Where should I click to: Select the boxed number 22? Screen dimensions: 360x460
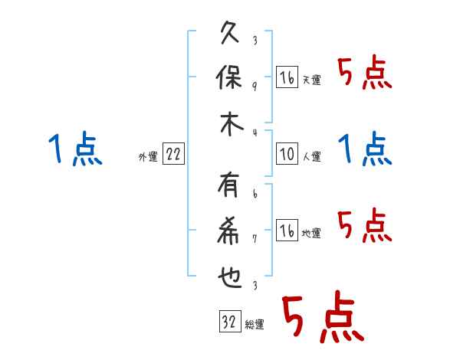[x=173, y=154]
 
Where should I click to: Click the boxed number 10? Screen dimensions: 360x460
[x=287, y=154]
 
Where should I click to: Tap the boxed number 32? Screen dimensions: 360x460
[x=228, y=322]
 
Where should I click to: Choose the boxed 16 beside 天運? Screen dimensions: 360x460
[x=287, y=77]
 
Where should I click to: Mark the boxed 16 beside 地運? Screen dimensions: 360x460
[x=287, y=231]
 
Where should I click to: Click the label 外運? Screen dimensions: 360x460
[x=147, y=156]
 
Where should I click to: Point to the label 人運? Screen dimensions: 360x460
[x=311, y=156]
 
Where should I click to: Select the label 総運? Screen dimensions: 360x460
[x=254, y=325]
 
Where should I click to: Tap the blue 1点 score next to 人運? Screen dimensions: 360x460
[x=365, y=148]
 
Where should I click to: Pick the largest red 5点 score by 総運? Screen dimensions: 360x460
[x=321, y=318]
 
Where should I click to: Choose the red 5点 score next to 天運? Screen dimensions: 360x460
[x=365, y=74]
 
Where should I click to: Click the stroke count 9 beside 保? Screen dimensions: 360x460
[x=254, y=86]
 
